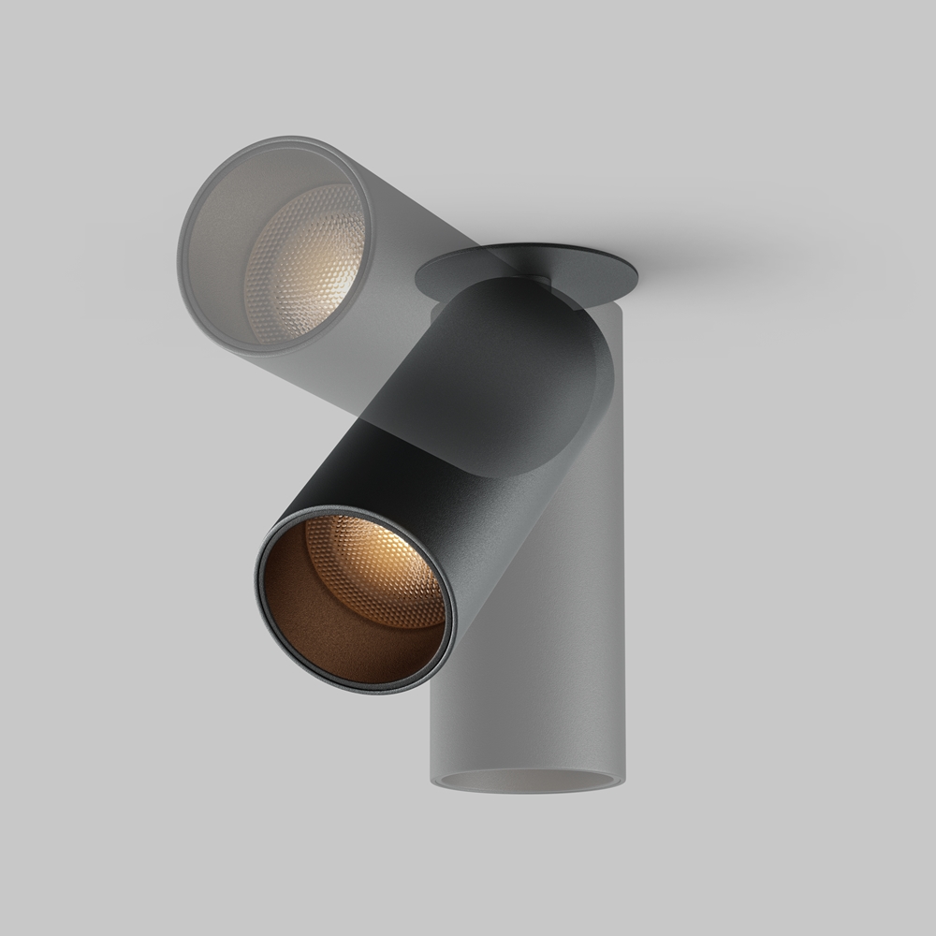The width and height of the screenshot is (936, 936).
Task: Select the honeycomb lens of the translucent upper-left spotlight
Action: tap(304, 262)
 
